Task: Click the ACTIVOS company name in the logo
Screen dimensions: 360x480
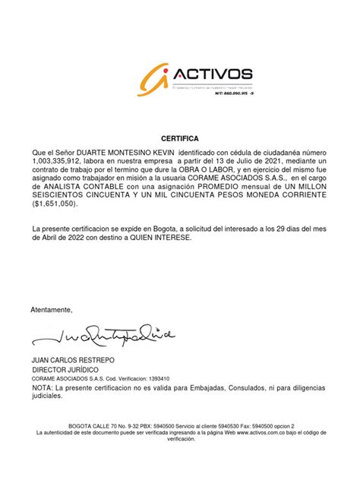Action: pos(214,74)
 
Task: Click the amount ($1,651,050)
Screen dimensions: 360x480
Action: pos(55,204)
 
